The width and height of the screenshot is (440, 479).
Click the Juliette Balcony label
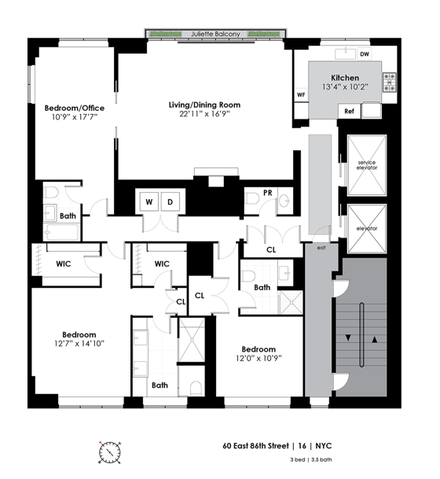tap(216, 35)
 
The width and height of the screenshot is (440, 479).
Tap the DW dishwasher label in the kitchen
tap(364, 54)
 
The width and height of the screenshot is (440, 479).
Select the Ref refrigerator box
tap(350, 112)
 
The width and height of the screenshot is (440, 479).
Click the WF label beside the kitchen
tap(300, 95)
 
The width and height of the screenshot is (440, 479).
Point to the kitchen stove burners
tap(388, 83)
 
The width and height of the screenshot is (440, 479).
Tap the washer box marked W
tap(148, 201)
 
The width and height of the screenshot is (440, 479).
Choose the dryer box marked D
tap(170, 201)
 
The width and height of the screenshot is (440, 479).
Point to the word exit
tap(321, 247)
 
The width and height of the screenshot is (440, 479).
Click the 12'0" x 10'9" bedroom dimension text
tap(258, 359)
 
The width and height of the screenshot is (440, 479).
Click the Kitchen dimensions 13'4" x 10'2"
tap(345, 88)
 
